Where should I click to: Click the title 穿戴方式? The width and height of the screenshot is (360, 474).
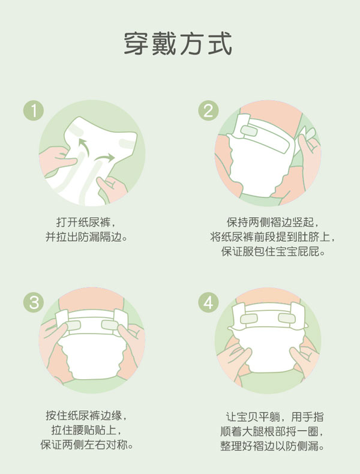click(178, 44)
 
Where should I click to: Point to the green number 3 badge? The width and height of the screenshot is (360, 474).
click(34, 302)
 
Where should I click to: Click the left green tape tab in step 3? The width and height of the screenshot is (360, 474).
click(71, 325)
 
